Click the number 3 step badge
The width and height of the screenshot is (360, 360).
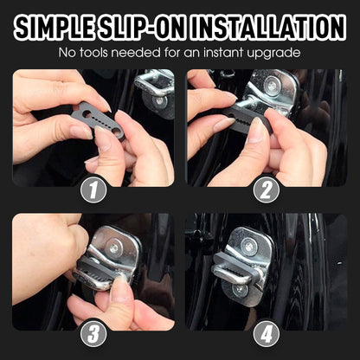tap(93, 333)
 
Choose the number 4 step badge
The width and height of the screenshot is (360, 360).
tap(267, 333)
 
